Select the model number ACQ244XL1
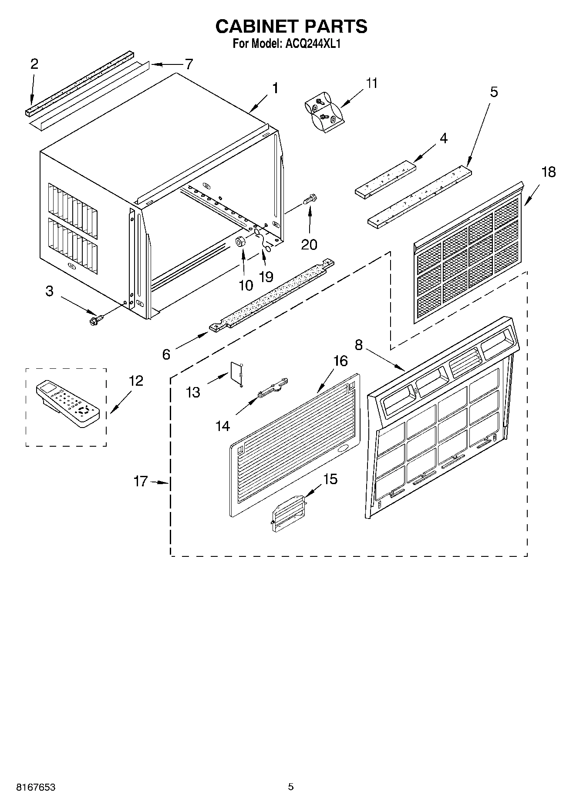pyautogui.click(x=312, y=44)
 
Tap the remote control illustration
pyautogui.click(x=67, y=403)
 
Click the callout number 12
pyautogui.click(x=136, y=381)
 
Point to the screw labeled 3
pyautogui.click(x=94, y=321)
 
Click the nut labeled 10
pyautogui.click(x=241, y=242)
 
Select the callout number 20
pyautogui.click(x=309, y=245)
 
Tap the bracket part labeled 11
pyautogui.click(x=324, y=111)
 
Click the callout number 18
pyautogui.click(x=548, y=172)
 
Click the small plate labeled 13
pyautogui.click(x=236, y=373)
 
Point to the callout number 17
pyautogui.click(x=141, y=482)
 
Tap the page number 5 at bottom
pyautogui.click(x=291, y=787)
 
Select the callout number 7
pyautogui.click(x=188, y=64)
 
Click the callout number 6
pyautogui.click(x=166, y=354)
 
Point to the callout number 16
pyautogui.click(x=340, y=361)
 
